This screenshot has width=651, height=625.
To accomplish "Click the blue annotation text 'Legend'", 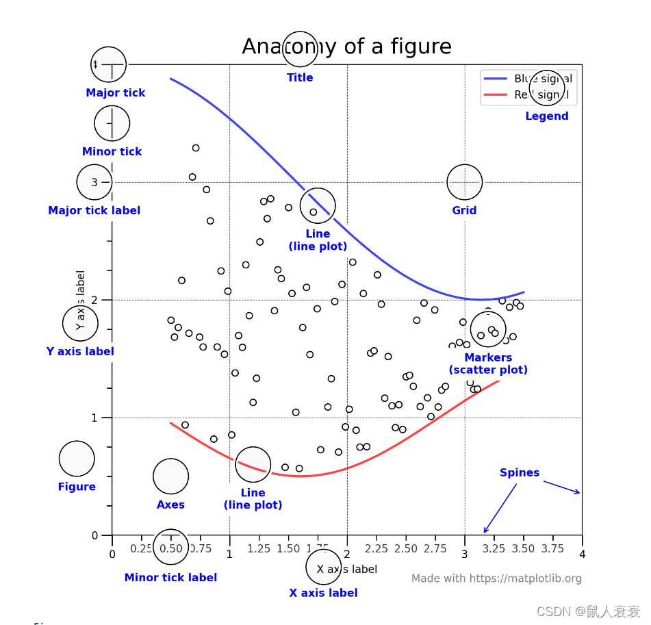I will coord(546,116).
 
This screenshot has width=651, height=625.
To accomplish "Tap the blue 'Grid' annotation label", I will coord(464,211).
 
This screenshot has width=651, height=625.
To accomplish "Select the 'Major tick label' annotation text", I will coord(94,211).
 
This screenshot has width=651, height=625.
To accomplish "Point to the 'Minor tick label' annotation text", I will coord(170,578).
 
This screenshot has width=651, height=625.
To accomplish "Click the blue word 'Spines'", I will coord(519,473).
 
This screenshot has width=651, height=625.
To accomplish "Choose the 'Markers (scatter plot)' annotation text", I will coord(488,364).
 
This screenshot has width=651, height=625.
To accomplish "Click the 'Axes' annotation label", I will coord(170,505).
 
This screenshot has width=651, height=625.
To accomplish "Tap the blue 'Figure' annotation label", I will coord(77,487).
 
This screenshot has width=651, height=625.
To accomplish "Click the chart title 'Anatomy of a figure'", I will coord(346,47).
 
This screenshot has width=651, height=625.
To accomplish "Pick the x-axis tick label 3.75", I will coord(552,548).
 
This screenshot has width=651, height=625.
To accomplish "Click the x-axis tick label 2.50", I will coord(405,548).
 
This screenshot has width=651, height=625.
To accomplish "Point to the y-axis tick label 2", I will coord(94,300).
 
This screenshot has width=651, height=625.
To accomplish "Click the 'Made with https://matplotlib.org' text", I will coord(496,578).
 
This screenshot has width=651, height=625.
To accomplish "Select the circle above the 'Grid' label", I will coord(464,182).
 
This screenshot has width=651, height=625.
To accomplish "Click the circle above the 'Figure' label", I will coord(77,459).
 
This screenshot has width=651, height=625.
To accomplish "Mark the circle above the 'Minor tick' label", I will coord(112,123).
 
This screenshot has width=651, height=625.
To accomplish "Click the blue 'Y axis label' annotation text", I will coord(80,352).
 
